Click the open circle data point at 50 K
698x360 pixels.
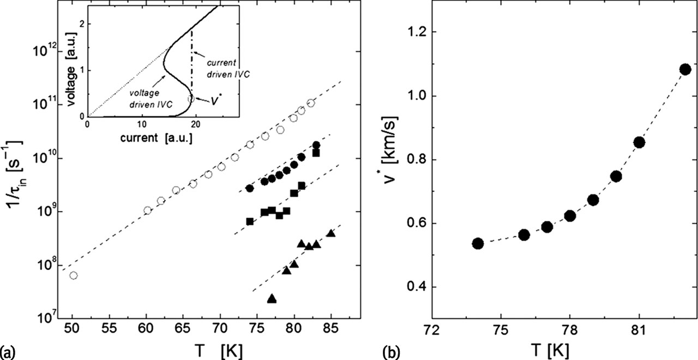(x=73, y=275)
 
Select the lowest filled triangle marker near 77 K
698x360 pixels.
(x=272, y=298)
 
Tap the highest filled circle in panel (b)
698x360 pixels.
(x=685, y=69)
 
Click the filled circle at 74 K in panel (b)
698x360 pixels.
(x=478, y=243)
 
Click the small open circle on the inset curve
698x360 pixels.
(x=191, y=99)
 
